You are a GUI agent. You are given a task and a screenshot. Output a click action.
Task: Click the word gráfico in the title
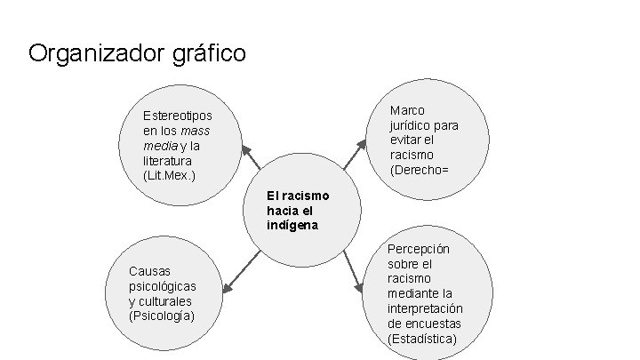pos(211,54)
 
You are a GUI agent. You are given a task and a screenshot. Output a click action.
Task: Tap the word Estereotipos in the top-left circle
pos(178,116)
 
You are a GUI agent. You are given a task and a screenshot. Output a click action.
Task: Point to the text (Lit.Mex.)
pos(169,175)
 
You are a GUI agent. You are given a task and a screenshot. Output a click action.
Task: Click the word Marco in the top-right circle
pos(407,110)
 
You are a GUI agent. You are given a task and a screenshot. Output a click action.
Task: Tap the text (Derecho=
pos(426,170)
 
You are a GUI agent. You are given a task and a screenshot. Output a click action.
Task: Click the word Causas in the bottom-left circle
pos(150,270)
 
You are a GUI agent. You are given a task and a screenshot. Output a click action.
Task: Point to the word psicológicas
pos(163,285)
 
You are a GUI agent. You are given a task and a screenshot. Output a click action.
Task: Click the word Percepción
pos(419,249)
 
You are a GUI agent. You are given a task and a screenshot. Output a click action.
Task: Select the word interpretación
pos(425,308)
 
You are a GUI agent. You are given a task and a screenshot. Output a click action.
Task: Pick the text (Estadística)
pos(422,339)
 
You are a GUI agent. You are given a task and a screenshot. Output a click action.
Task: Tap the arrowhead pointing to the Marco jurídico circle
pos(360,142)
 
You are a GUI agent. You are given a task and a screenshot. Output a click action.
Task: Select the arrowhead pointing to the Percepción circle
pos(359,287)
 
